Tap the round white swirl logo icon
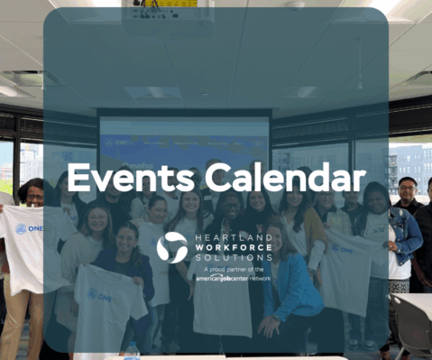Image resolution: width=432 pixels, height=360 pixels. click(171, 247)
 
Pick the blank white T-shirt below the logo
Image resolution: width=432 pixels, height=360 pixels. click(220, 302)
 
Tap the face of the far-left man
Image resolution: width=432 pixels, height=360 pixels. click(34, 192)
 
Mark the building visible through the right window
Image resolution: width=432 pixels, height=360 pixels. click(410, 167)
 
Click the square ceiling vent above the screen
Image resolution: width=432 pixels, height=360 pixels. click(152, 92)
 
